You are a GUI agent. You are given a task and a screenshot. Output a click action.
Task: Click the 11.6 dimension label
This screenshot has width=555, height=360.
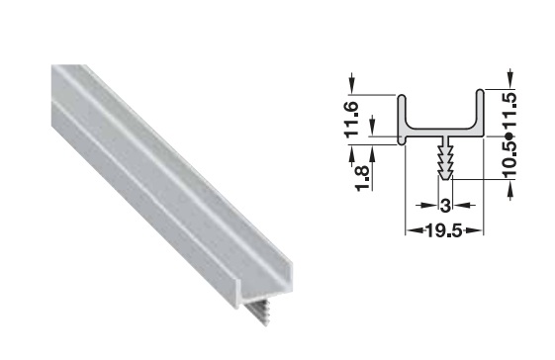click(351, 120)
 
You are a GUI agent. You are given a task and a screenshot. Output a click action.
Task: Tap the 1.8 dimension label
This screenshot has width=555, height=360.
click(363, 178)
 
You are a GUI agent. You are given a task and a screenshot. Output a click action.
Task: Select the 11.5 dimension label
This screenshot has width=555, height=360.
click(510, 111)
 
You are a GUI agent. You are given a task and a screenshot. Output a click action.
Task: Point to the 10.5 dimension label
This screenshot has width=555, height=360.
click(510, 158)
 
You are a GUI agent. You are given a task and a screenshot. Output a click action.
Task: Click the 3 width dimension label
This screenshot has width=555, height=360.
click(445, 206)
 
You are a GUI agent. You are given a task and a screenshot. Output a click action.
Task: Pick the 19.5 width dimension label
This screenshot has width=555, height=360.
click(444, 231)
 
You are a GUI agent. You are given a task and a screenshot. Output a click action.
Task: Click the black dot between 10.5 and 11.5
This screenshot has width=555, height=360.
click(509, 135)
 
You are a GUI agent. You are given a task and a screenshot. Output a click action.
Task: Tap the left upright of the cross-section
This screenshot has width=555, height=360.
click(402, 120)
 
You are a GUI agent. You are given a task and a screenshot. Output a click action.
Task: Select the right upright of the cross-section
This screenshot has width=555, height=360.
click(480, 112)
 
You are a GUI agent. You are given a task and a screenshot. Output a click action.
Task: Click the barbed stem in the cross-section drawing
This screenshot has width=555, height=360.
click(445, 158)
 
